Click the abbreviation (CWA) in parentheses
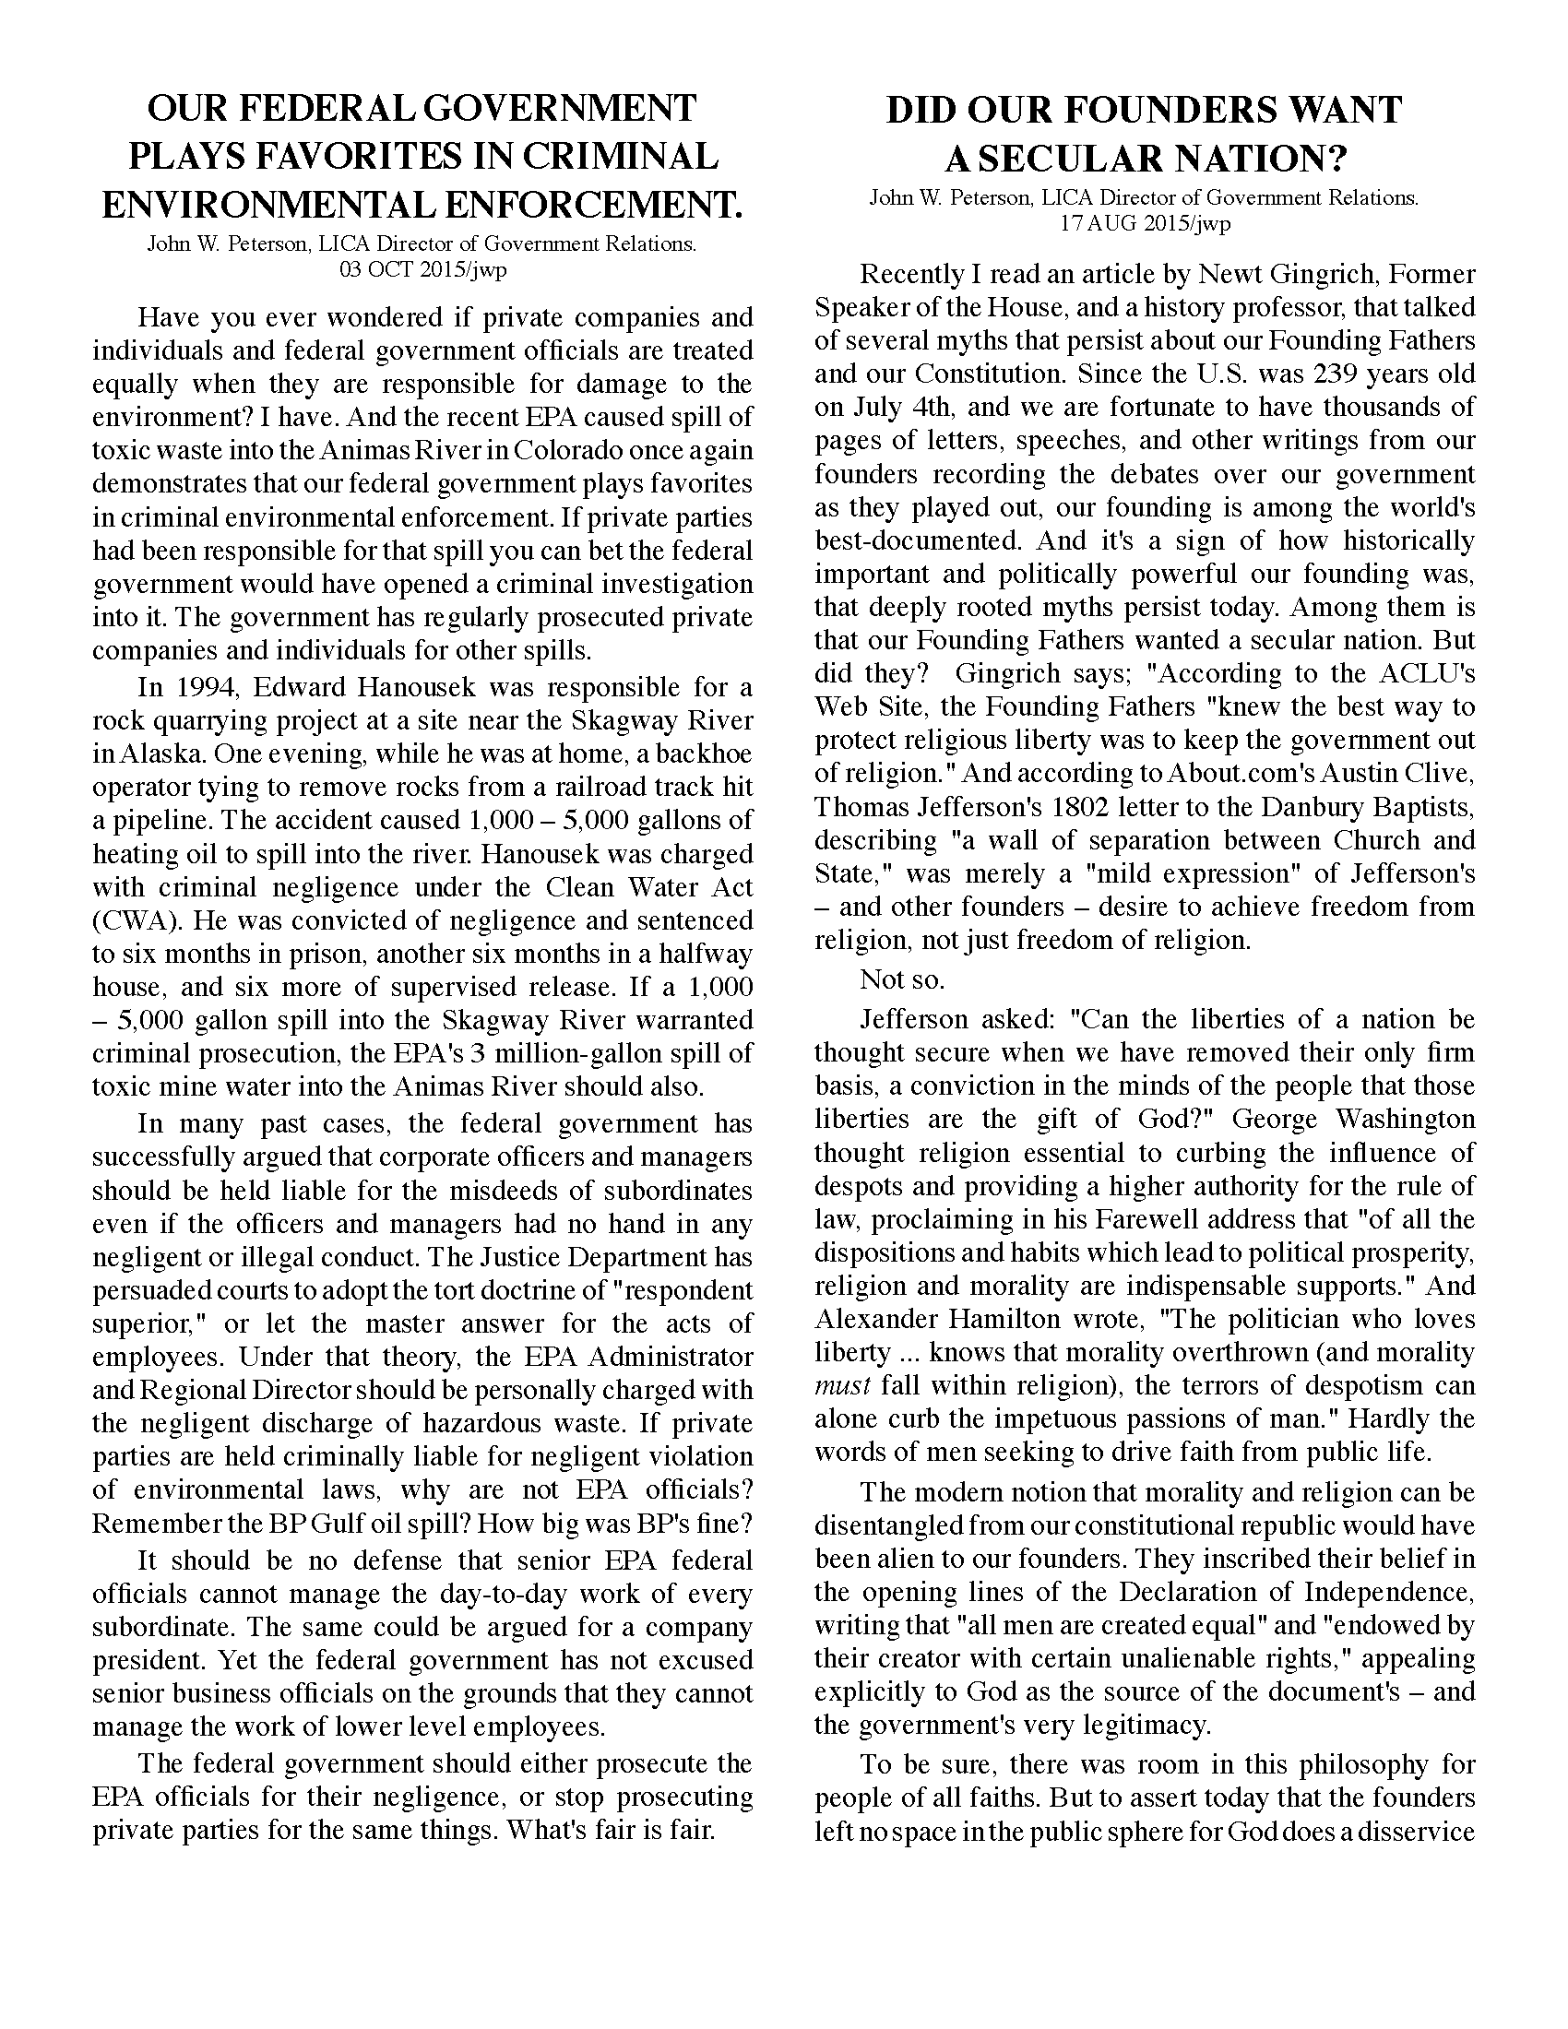pos(128,920)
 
